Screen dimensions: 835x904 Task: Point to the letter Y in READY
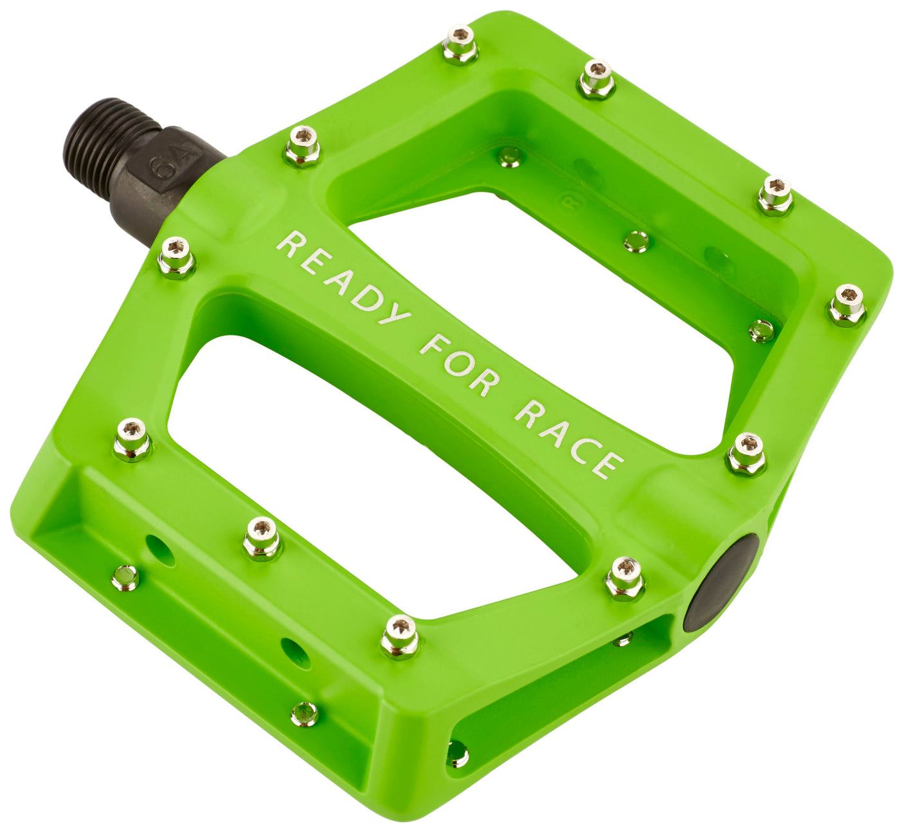[393, 312]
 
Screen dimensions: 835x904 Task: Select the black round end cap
[721, 582]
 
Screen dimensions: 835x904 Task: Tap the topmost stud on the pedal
[460, 42]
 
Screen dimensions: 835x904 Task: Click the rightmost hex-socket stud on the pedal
[847, 304]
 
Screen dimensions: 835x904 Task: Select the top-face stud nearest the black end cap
[624, 577]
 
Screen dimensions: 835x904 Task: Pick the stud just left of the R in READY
[176, 256]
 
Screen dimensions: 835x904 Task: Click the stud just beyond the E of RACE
[746, 453]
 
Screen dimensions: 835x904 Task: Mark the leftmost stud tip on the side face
[125, 578]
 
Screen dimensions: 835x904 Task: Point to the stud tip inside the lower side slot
[457, 753]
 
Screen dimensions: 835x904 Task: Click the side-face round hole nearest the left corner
[160, 550]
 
